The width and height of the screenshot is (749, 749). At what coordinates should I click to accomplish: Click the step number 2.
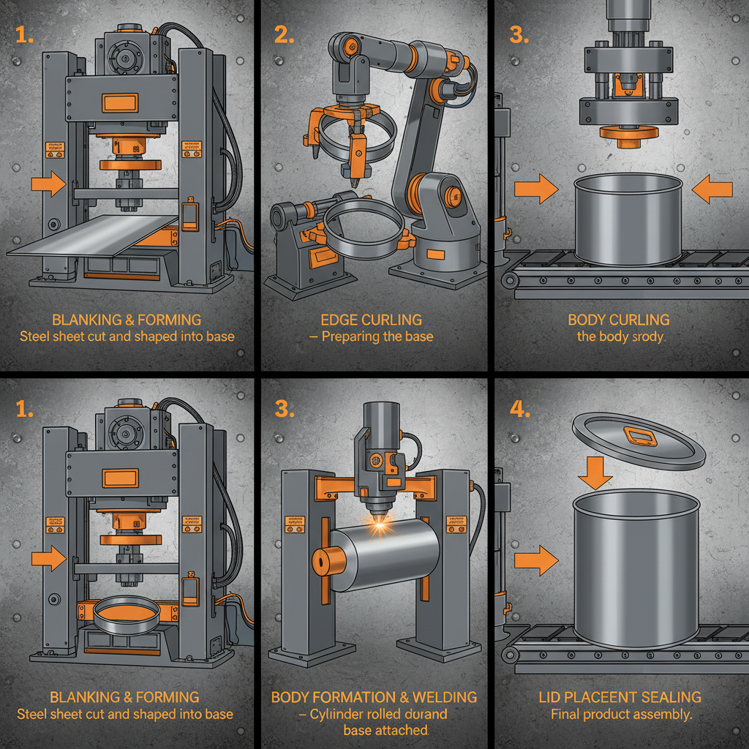coord(283,34)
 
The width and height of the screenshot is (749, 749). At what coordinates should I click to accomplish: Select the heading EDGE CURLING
coord(371,320)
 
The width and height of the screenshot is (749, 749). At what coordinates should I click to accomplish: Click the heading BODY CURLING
coord(620,320)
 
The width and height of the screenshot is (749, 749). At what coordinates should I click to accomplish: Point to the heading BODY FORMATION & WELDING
coord(374,697)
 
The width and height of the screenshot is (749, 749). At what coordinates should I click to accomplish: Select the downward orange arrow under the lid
coord(595,477)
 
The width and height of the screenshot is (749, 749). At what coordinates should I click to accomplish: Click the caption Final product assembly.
coord(621,714)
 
